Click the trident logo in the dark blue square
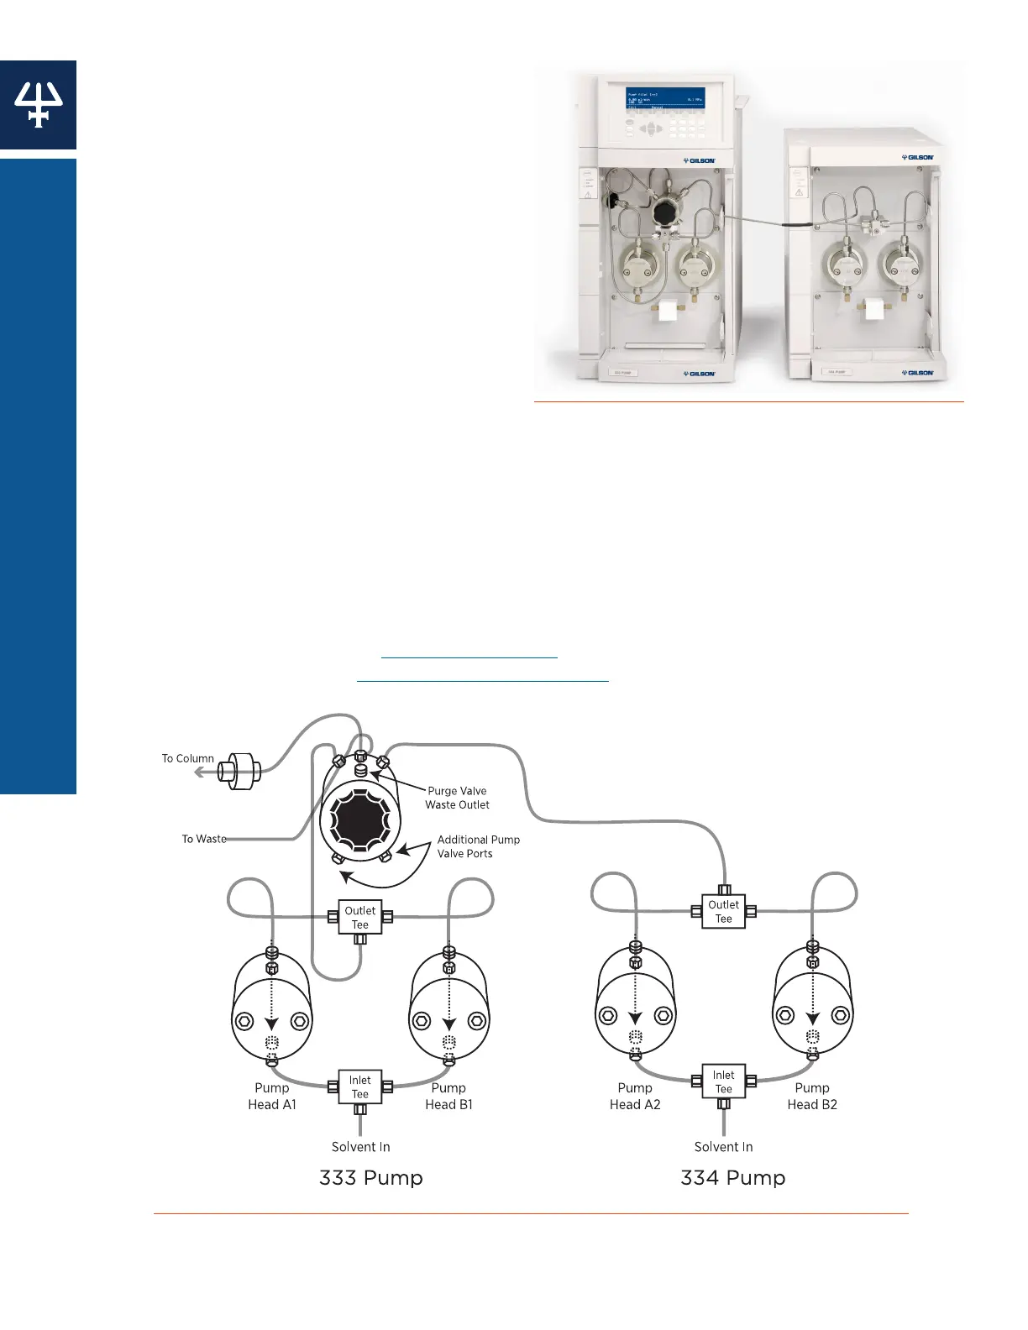[x=38, y=104]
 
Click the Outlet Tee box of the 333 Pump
[x=360, y=917]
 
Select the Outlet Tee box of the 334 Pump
[x=723, y=911]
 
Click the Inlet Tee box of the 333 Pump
[x=360, y=1087]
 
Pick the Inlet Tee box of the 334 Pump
[x=723, y=1081]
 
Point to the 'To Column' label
[x=188, y=758]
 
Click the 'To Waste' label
[x=204, y=839]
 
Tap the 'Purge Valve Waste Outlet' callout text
[x=457, y=798]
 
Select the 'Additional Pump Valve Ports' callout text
[x=478, y=846]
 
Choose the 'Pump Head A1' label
[x=272, y=1096]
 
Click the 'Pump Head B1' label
[x=448, y=1096]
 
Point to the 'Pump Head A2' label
[x=635, y=1096]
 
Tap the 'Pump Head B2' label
[x=812, y=1096]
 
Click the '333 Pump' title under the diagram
[x=370, y=1178]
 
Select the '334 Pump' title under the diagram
[x=733, y=1178]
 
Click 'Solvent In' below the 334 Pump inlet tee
[x=723, y=1147]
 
